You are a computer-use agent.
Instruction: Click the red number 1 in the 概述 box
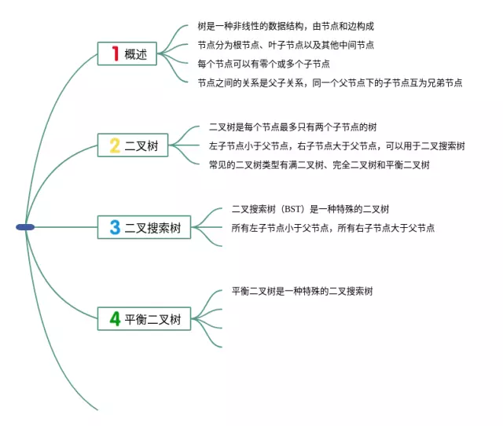(115, 53)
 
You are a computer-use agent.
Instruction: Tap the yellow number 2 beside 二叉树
(115, 145)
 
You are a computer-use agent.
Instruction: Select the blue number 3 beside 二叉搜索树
(115, 227)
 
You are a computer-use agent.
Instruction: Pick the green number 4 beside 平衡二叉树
(115, 318)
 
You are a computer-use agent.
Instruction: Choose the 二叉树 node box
(133, 145)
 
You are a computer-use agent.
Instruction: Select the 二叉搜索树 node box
(144, 227)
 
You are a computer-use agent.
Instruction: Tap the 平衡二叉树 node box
(144, 318)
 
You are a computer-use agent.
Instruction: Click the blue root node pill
(25, 227)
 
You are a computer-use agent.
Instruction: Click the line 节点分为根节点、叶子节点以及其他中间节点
(285, 45)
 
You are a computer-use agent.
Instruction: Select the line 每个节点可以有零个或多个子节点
(263, 63)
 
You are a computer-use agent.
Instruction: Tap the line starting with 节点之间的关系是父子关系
(329, 82)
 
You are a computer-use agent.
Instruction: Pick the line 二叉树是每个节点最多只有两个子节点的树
(292, 127)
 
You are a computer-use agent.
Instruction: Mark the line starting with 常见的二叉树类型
(318, 164)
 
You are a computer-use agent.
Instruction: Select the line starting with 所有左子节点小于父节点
(332, 228)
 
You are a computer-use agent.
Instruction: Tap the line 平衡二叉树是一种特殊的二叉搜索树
(302, 291)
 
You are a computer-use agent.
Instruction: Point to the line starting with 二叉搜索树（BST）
(310, 209)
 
